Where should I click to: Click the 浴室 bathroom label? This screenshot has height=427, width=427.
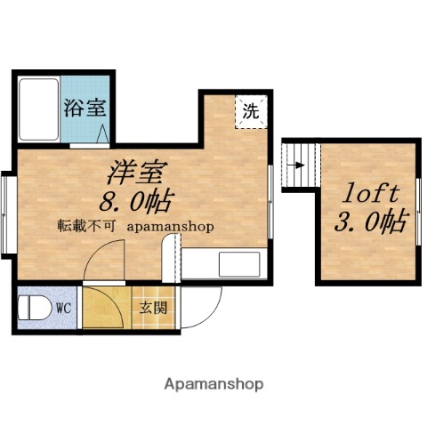85,109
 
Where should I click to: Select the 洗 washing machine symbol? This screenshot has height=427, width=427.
251,112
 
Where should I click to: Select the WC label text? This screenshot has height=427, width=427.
64,309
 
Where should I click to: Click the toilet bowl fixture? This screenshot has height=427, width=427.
34,309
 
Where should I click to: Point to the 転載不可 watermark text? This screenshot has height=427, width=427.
86,226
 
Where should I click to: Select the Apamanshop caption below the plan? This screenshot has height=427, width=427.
213,385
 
